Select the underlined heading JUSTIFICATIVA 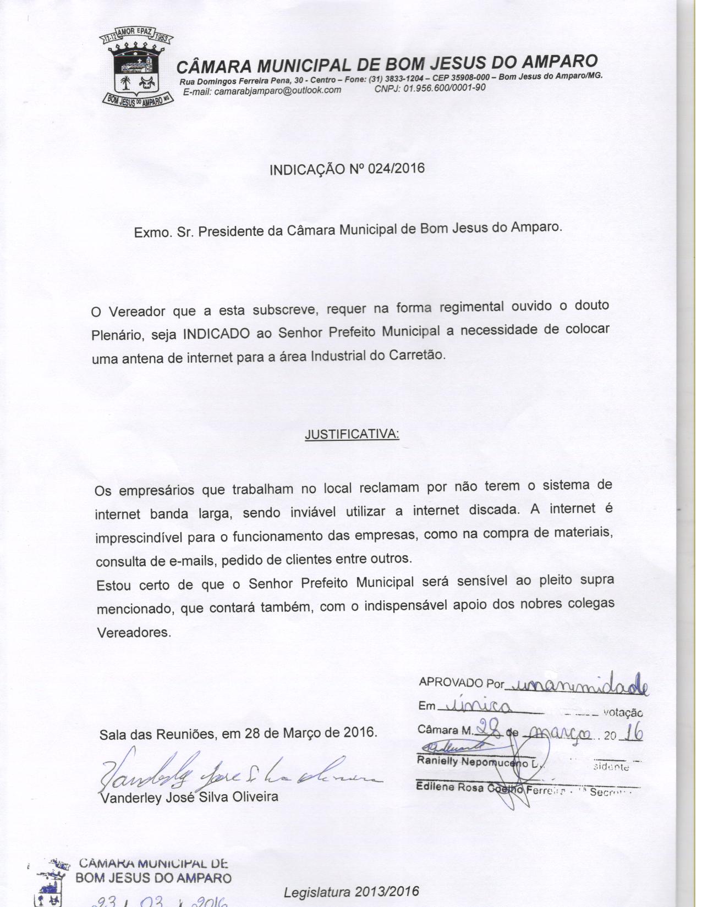pyautogui.click(x=352, y=434)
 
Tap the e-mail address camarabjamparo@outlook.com pyautogui.click(x=278, y=91)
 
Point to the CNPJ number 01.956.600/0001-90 pyautogui.click(x=445, y=88)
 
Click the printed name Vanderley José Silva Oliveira pyautogui.click(x=189, y=797)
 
